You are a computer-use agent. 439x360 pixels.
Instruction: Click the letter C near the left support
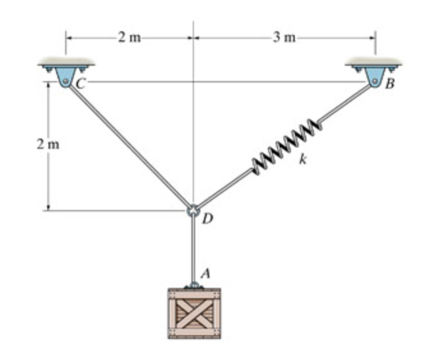point(82,82)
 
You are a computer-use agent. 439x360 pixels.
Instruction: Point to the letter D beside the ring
point(207,220)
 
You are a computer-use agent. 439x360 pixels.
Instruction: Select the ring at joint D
point(193,210)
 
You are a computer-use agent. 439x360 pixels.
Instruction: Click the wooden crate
point(194,313)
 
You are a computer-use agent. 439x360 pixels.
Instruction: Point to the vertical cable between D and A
point(193,249)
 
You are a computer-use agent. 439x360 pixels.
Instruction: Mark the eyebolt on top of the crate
point(193,285)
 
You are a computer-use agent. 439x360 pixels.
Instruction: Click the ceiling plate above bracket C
point(66,63)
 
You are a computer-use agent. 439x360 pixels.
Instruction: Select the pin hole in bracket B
point(376,80)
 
